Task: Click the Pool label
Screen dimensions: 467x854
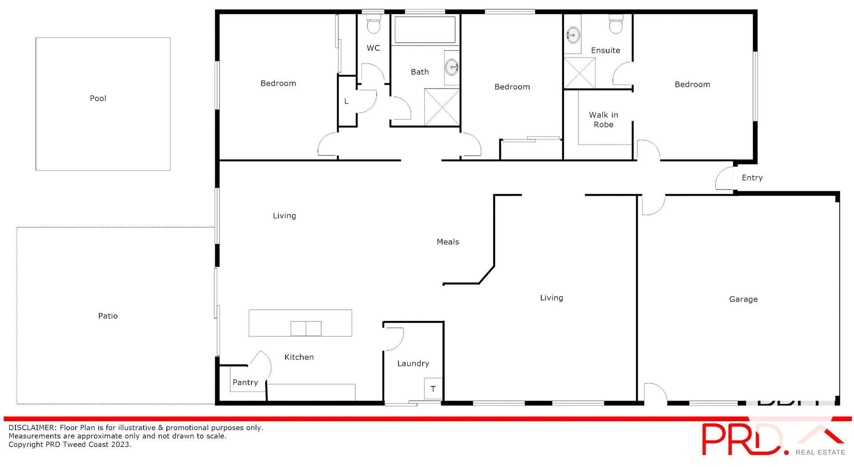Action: pyautogui.click(x=98, y=98)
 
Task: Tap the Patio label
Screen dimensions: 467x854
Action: pyautogui.click(x=108, y=316)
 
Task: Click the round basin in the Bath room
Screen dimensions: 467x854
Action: pyautogui.click(x=452, y=68)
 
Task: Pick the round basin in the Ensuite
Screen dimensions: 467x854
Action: pyautogui.click(x=573, y=35)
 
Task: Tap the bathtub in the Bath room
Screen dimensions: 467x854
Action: pyautogui.click(x=425, y=30)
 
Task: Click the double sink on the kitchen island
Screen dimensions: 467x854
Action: pyautogui.click(x=306, y=329)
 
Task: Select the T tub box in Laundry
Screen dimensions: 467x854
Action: pyautogui.click(x=433, y=389)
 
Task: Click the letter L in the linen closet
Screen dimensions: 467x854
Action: pyautogui.click(x=346, y=102)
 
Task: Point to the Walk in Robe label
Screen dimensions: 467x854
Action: pyautogui.click(x=604, y=120)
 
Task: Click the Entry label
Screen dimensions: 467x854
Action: pyautogui.click(x=752, y=178)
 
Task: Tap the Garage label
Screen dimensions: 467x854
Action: pyautogui.click(x=743, y=299)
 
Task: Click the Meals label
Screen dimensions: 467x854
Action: pyautogui.click(x=447, y=242)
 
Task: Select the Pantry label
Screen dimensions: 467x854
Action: pyautogui.click(x=245, y=382)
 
